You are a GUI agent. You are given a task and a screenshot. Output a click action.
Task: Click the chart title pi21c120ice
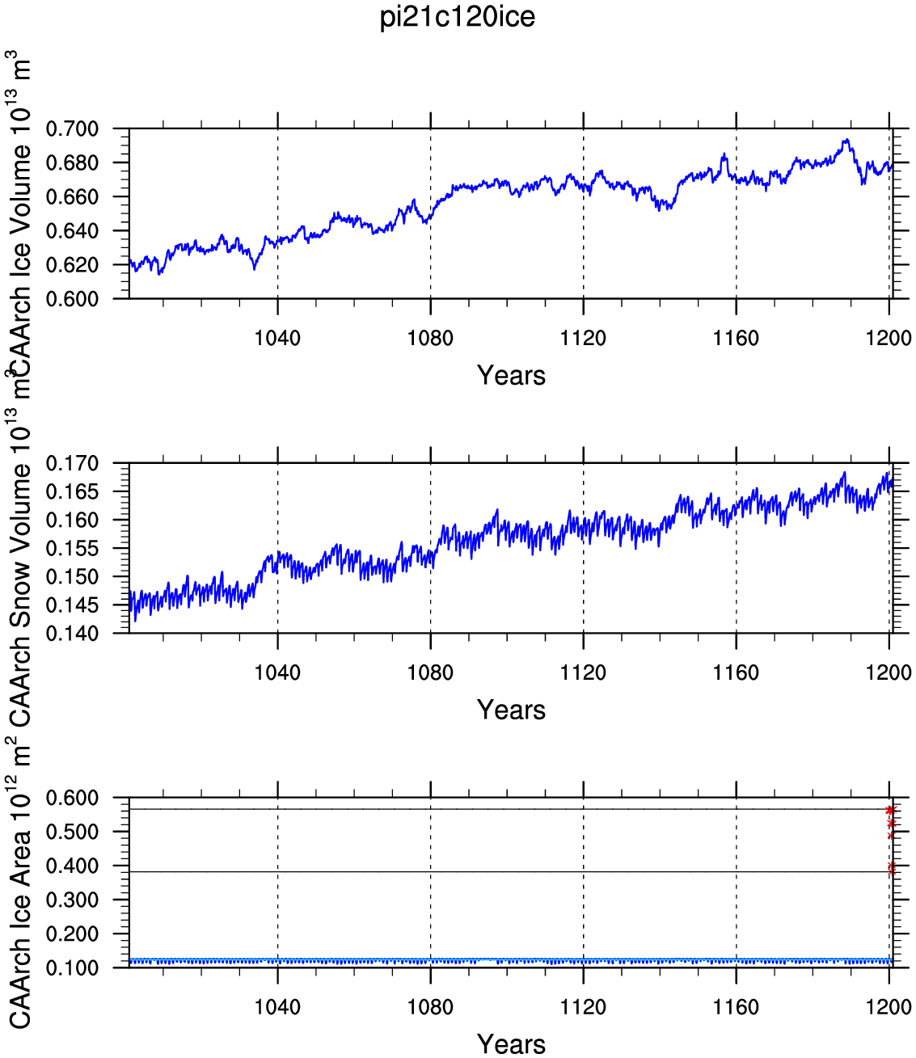pos(458,17)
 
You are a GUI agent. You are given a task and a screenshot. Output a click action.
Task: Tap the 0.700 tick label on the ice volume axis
pos(72,129)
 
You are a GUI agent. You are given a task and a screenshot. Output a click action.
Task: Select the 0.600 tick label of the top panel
pos(72,299)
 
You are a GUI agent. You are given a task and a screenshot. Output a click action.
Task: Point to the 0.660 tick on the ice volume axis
pos(72,197)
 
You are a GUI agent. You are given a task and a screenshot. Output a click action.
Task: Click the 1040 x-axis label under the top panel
pos(277,338)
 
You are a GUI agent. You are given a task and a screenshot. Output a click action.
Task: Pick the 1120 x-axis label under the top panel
pos(583,338)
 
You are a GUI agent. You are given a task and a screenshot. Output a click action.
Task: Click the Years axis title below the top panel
pos(511,376)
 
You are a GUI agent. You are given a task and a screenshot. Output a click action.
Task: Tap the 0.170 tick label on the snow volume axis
pos(72,464)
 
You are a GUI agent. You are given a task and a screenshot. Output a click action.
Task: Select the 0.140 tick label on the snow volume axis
pos(72,634)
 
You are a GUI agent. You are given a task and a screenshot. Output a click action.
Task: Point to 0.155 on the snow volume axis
pos(72,549)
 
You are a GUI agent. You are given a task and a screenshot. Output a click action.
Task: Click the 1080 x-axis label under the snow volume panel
pos(430,672)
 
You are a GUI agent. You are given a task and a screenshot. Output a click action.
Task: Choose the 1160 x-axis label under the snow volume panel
pos(736,672)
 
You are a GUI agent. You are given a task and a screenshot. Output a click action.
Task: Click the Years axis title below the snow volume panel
pos(511,710)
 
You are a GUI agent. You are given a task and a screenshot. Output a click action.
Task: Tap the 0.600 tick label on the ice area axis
pos(72,798)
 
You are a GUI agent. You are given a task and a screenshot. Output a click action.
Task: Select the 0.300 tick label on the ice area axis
pos(72,900)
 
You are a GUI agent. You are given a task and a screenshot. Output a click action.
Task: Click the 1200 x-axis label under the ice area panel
pos(889,1006)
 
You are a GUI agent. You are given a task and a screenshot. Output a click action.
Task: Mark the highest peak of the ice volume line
pos(847,139)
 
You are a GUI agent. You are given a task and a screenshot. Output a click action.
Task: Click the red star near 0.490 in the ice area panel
pos(890,836)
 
